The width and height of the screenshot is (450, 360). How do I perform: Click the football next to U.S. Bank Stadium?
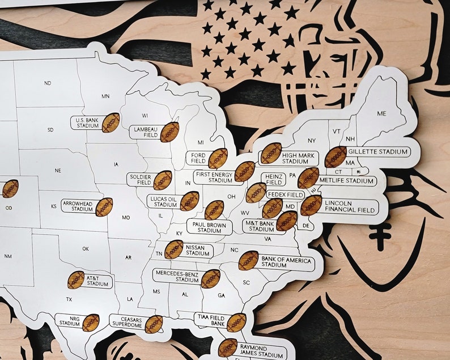pos(111,122)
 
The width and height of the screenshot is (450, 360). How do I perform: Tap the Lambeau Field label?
pos(144,132)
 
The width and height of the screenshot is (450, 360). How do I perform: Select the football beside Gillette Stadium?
pos(336,156)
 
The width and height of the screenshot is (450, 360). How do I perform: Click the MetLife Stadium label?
pos(346,181)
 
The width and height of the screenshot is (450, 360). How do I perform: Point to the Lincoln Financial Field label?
pos(350,206)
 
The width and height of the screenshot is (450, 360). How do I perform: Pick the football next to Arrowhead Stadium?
pos(104,207)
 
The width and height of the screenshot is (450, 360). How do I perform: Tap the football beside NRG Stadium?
pos(91,323)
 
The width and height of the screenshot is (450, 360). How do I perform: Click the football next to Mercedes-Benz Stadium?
pos(210,278)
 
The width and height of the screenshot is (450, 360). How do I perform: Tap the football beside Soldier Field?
pos(163,180)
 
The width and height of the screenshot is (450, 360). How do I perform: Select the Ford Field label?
pos(198,158)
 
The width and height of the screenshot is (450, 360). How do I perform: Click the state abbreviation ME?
pos(381,113)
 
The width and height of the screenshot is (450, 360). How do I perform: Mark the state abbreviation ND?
pos(48,83)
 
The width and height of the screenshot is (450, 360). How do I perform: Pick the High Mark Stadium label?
pos(295,158)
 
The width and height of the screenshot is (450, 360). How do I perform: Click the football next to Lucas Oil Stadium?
pos(189,201)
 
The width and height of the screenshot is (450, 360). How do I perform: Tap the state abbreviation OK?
pos(86,248)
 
